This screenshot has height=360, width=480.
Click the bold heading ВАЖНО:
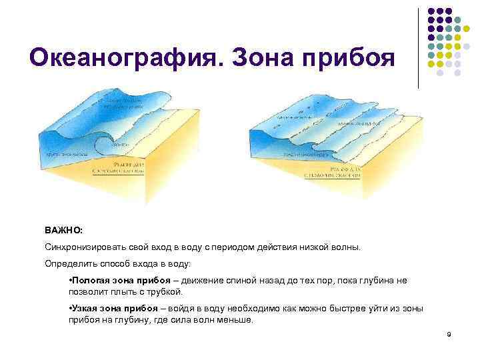tap(64, 229)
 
